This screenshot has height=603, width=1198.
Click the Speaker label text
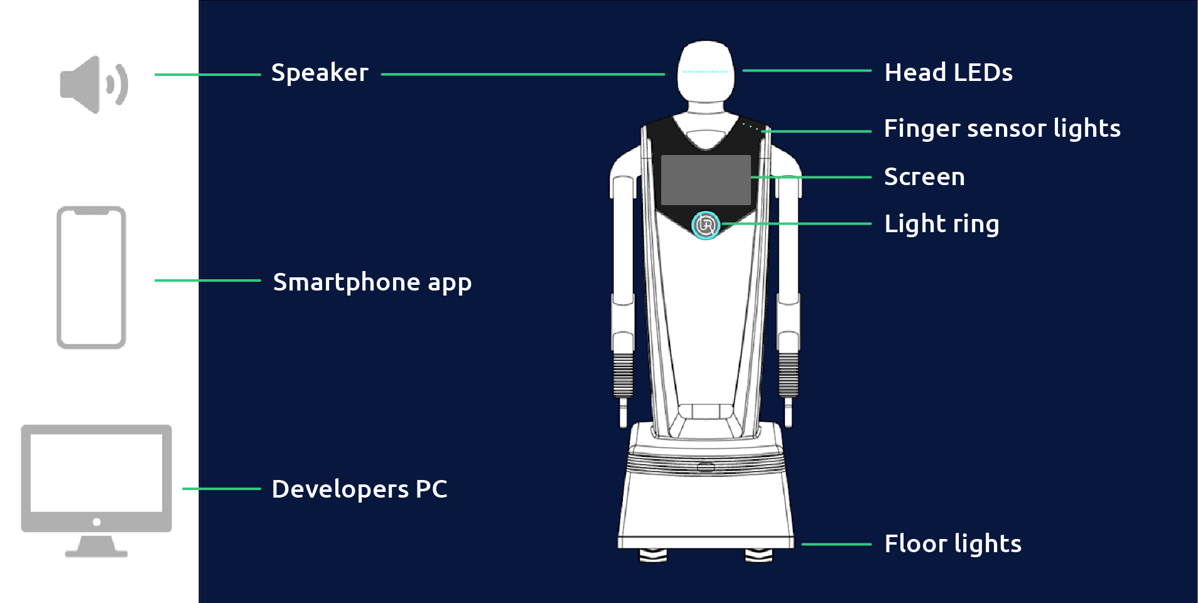coord(320,73)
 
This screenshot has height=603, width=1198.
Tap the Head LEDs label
coord(948,73)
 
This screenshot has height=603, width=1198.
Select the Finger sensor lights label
coord(1002,129)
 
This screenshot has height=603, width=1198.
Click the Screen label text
coord(924,177)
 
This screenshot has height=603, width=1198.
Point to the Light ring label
coord(941,224)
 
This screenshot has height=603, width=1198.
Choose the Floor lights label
coord(952,544)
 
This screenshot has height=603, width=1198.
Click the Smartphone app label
coord(372,282)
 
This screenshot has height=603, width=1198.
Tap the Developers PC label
coord(359,489)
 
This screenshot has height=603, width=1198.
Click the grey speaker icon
coord(94,84)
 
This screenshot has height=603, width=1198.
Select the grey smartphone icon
coord(92,277)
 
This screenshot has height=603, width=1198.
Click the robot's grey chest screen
coord(706,179)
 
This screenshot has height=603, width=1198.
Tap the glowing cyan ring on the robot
coord(706,225)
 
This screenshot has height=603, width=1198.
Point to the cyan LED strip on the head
coord(705,72)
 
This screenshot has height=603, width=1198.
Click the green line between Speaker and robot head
coord(522,74)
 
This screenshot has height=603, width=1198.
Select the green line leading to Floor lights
coord(836,544)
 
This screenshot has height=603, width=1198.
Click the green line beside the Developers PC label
coord(221,488)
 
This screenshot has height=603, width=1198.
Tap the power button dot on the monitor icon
coord(96,522)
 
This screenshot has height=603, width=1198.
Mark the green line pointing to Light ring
coord(797,223)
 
